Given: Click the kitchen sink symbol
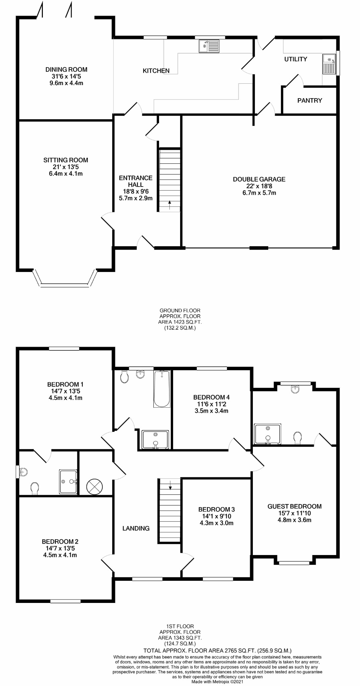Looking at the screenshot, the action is pyautogui.click(x=209, y=46).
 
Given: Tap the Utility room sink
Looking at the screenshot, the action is pyautogui.click(x=329, y=64).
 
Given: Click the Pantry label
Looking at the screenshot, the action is pyautogui.click(x=310, y=100).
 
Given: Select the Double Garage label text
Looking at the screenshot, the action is pyautogui.click(x=259, y=179).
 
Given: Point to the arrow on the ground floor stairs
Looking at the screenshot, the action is pyautogui.click(x=170, y=204).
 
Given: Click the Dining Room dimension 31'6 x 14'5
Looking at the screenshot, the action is pyautogui.click(x=66, y=76).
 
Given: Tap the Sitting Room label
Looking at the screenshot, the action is pyautogui.click(x=66, y=160).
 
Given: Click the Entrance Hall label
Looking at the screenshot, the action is pyautogui.click(x=136, y=181).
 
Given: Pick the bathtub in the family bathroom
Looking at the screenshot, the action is pyautogui.click(x=162, y=389).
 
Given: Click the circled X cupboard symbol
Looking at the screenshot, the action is pyautogui.click(x=95, y=486).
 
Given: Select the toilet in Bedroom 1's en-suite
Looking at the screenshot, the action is pyautogui.click(x=34, y=488).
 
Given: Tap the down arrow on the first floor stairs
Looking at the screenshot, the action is pyautogui.click(x=170, y=484).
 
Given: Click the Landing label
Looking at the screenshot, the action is pyautogui.click(x=136, y=528).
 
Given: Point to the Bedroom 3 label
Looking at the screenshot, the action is pyautogui.click(x=217, y=509).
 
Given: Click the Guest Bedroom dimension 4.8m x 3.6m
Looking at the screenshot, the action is pyautogui.click(x=294, y=520).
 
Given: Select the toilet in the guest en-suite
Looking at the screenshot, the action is pyautogui.click(x=298, y=438).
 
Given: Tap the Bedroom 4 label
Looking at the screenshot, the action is pyautogui.click(x=212, y=397).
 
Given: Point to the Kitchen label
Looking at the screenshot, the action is pyautogui.click(x=156, y=71).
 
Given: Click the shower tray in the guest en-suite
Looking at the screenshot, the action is pyautogui.click(x=268, y=434).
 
